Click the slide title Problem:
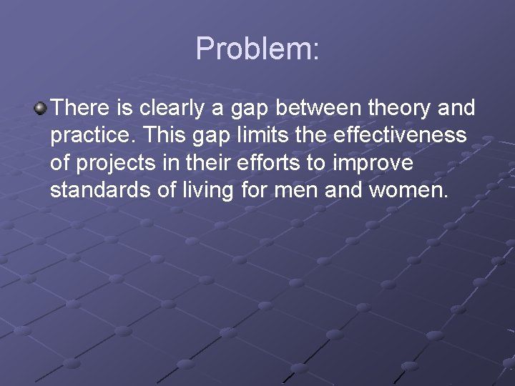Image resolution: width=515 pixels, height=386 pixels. point(257,49)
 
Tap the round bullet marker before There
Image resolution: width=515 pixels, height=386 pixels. point(41,109)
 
